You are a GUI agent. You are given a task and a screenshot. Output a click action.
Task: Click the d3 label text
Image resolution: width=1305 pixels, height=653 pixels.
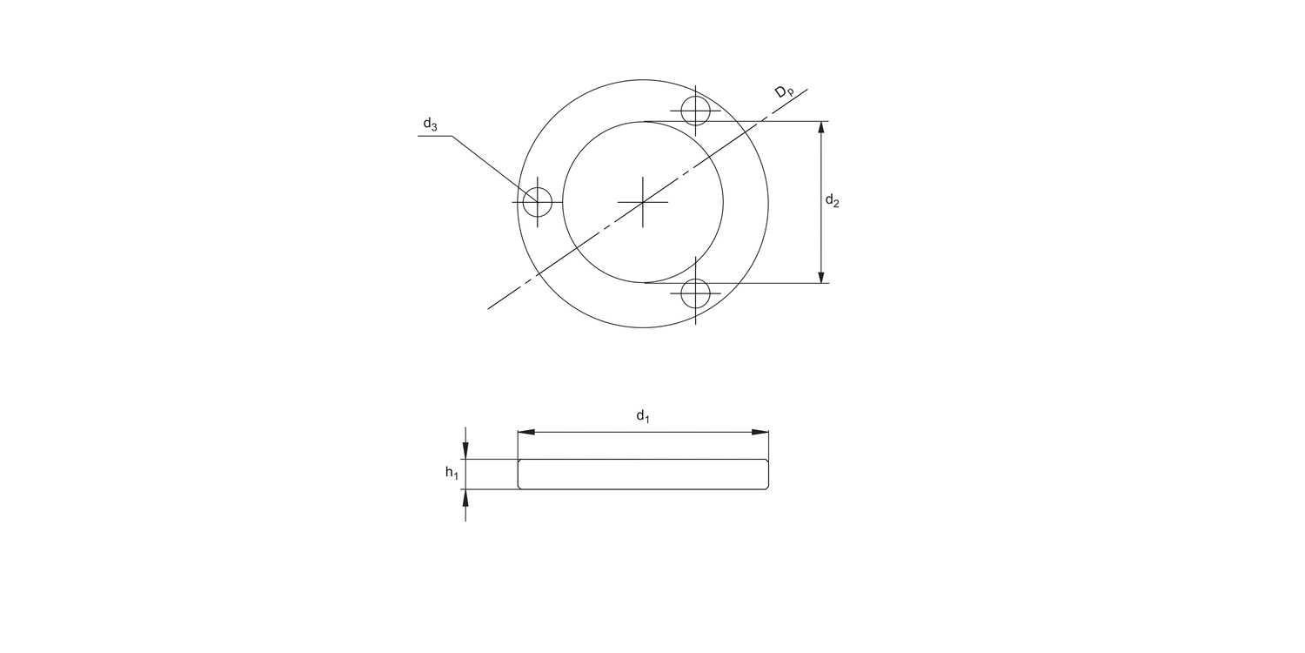tap(430, 125)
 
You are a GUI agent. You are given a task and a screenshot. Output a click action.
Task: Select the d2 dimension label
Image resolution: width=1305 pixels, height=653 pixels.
tap(833, 201)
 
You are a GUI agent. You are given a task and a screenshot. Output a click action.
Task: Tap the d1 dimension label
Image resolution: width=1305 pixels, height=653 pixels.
tap(643, 416)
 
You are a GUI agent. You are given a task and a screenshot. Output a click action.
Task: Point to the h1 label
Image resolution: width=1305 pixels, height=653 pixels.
tap(452, 473)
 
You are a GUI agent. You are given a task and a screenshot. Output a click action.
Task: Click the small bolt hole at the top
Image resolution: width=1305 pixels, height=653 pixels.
tap(695, 111)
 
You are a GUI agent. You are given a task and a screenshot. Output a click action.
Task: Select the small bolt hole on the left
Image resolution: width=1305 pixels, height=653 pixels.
tap(538, 201)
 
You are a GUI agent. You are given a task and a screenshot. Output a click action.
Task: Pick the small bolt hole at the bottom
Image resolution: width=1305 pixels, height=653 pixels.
tap(695, 293)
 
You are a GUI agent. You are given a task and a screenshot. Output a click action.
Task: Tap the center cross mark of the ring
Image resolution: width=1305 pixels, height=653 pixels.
tap(643, 202)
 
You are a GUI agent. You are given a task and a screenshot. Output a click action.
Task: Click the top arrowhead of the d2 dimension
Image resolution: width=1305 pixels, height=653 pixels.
tap(821, 128)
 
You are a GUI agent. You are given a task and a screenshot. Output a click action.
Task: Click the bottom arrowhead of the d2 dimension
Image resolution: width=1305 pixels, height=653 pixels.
tap(821, 276)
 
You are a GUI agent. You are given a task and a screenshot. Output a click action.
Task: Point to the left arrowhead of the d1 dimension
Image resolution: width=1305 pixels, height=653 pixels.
tap(525, 431)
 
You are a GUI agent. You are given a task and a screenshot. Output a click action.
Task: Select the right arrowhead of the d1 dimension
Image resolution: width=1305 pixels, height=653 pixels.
tap(762, 431)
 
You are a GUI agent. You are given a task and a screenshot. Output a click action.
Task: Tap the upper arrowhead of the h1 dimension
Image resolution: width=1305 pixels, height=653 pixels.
tap(465, 451)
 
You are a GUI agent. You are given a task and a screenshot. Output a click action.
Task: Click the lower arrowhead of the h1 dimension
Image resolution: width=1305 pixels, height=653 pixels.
tap(465, 497)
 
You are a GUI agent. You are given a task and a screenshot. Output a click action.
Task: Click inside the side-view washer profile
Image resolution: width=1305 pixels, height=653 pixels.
tap(643, 475)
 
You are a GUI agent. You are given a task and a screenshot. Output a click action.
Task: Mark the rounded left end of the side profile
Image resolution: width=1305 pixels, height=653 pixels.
tap(519, 475)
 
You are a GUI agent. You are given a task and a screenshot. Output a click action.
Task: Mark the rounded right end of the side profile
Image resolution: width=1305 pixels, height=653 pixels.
tap(768, 475)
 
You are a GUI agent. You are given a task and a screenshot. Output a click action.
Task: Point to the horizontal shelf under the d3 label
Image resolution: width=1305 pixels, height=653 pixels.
tap(435, 137)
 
